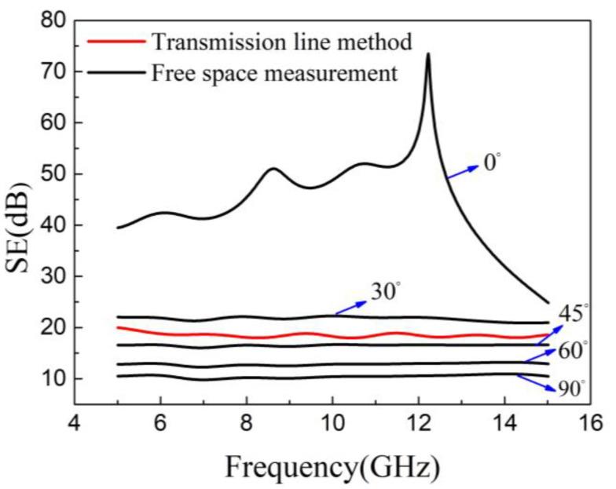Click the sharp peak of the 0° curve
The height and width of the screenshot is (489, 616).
427,54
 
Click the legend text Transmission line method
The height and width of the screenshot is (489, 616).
282,41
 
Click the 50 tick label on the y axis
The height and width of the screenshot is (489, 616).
49,174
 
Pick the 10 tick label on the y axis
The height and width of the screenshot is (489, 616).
49,379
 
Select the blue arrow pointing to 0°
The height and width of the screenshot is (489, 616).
464,171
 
